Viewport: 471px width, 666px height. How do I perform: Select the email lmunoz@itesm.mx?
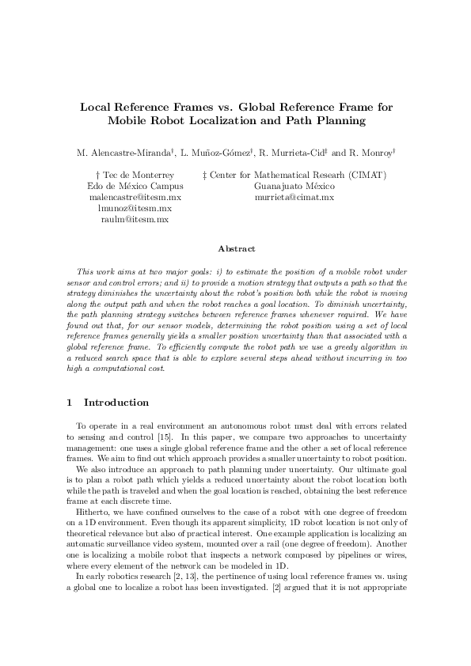tap(135, 208)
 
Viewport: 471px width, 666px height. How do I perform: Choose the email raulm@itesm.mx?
tap(135, 219)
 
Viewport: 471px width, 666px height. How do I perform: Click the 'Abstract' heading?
tap(236, 248)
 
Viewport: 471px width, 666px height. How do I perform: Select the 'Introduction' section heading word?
tap(116, 403)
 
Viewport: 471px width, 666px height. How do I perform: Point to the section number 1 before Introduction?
tap(70, 403)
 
